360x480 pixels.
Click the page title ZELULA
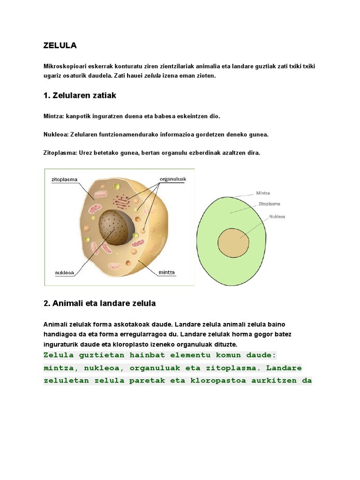60,45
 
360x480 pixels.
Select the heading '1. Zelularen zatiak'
79,96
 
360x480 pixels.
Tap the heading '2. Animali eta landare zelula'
99,303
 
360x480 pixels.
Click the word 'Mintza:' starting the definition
54,115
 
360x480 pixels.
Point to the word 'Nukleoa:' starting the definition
56,135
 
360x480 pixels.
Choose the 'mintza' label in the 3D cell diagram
166,272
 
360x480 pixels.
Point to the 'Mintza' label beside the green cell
263,193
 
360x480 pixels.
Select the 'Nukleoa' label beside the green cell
277,217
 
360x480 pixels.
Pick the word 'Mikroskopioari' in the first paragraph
64,66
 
